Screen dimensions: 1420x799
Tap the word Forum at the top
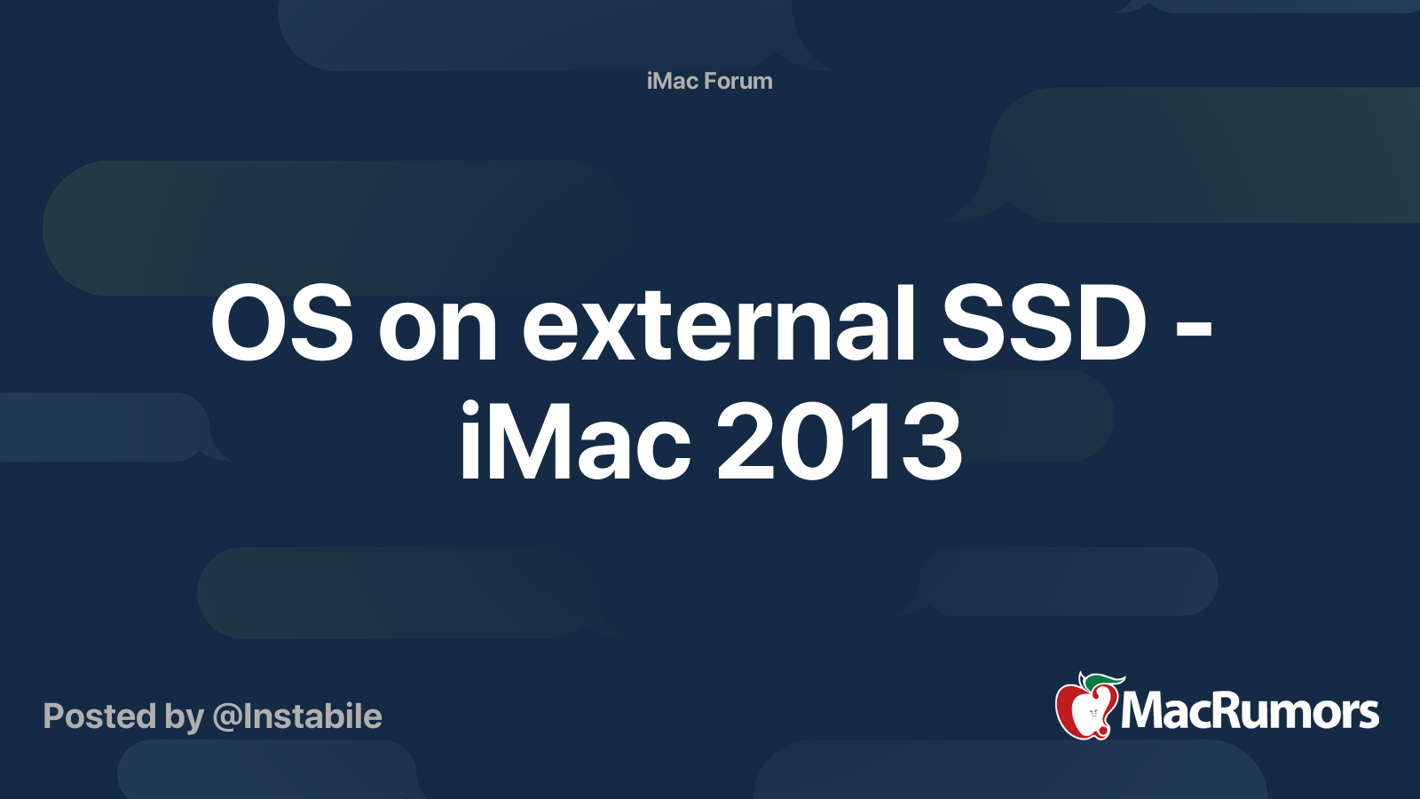point(738,81)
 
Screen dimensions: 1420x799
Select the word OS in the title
point(281,322)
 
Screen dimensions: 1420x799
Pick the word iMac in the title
point(574,440)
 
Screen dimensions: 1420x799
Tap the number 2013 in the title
point(840,440)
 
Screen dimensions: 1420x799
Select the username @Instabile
point(297,716)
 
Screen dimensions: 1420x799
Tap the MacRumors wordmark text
point(1250,711)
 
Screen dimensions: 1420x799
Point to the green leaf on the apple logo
point(1103,682)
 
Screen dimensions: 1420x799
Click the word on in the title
point(438,332)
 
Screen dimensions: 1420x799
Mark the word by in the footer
point(185,718)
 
